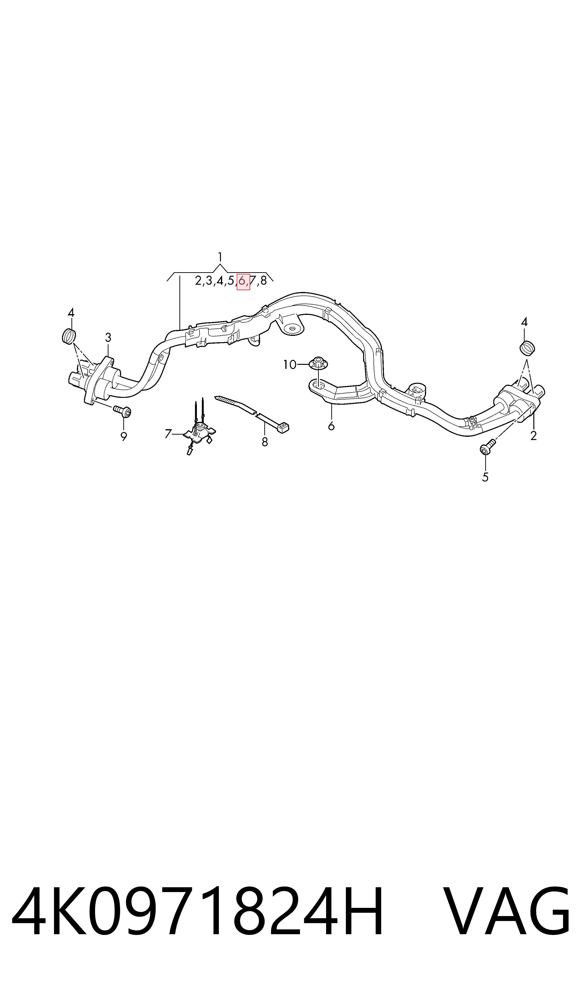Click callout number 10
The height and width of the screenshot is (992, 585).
point(290,365)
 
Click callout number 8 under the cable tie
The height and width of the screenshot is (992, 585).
point(265,442)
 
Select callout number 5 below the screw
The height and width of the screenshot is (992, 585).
point(485,477)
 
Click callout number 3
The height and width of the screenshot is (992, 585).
point(108,338)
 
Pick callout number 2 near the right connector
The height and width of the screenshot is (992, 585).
point(533,436)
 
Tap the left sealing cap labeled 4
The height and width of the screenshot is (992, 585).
point(69,336)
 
